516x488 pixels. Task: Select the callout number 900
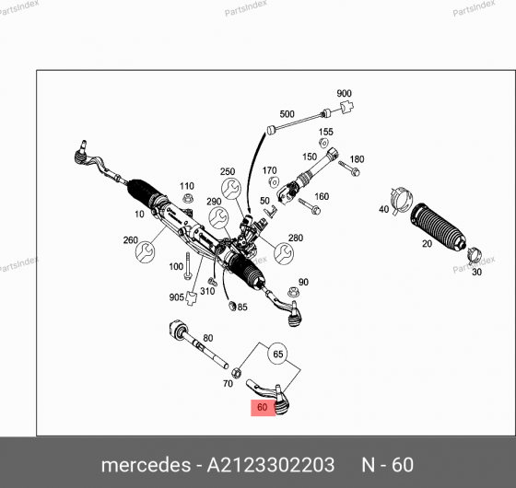point(344,94)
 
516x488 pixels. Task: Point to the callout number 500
point(287,114)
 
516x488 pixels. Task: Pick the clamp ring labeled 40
point(399,196)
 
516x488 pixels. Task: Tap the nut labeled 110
point(187,197)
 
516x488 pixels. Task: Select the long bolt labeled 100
point(188,268)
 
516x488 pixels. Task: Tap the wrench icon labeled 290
point(217,218)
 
